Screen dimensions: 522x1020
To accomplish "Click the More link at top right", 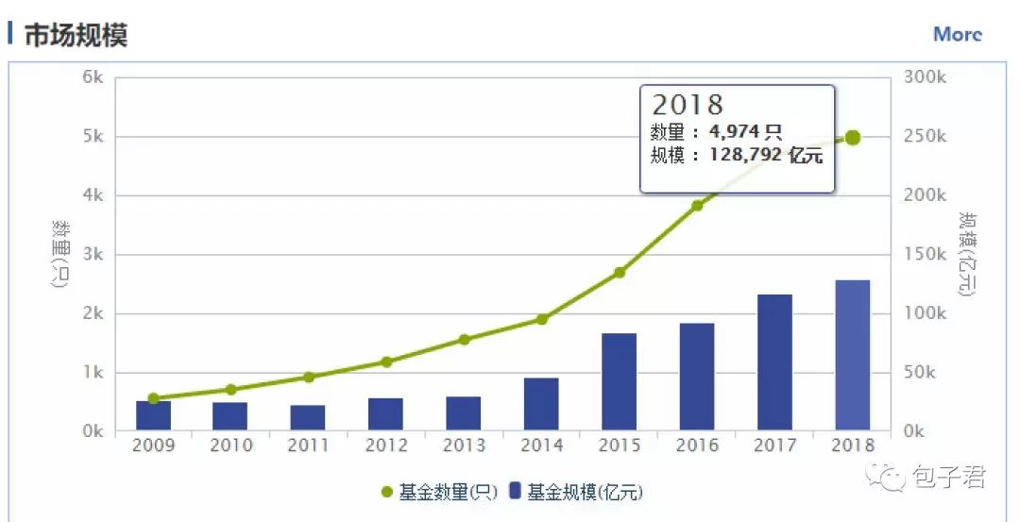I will [957, 34].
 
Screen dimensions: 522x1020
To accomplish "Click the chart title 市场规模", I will [76, 35].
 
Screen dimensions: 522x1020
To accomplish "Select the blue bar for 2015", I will [619, 382].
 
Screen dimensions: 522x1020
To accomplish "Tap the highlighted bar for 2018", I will [852, 356].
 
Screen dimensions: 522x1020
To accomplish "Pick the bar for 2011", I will [308, 418].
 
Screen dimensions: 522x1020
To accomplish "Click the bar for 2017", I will [774, 363].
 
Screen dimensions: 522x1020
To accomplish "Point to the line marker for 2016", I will [697, 205].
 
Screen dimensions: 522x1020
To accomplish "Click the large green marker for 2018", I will [852, 138].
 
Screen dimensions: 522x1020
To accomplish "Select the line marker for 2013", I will [464, 339].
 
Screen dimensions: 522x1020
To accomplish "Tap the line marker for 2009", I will [153, 398].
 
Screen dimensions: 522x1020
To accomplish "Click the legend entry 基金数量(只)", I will [437, 492].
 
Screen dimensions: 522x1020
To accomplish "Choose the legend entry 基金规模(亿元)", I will [575, 492].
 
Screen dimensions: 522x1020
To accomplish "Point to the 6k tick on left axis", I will [93, 77].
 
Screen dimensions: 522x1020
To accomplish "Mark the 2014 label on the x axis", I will [541, 446].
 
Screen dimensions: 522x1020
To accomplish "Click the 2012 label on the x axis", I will [385, 446].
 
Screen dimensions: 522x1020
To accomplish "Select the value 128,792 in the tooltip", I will [745, 155].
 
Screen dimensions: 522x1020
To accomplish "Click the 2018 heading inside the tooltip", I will [687, 104].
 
